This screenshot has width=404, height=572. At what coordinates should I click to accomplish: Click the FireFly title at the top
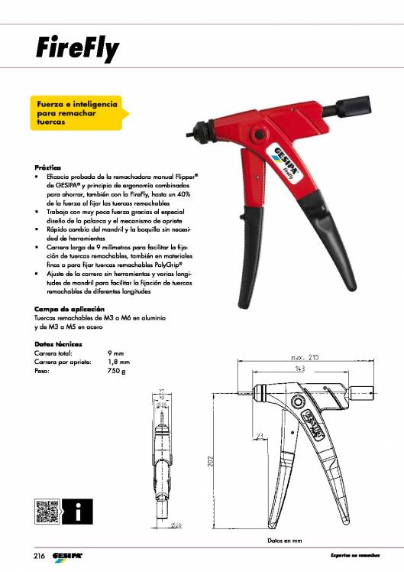(76, 50)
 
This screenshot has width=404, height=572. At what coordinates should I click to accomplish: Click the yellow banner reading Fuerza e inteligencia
(78, 112)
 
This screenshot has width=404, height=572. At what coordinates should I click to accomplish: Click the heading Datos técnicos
(58, 344)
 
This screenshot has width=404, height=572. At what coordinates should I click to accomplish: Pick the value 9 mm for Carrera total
(116, 353)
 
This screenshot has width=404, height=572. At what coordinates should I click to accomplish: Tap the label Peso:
(44, 371)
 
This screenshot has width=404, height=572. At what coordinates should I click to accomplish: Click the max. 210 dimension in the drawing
(305, 357)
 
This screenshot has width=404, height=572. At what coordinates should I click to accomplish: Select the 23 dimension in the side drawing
(260, 436)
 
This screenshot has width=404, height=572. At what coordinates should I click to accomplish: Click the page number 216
(40, 554)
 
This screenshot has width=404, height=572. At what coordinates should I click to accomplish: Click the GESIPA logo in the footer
(68, 554)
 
